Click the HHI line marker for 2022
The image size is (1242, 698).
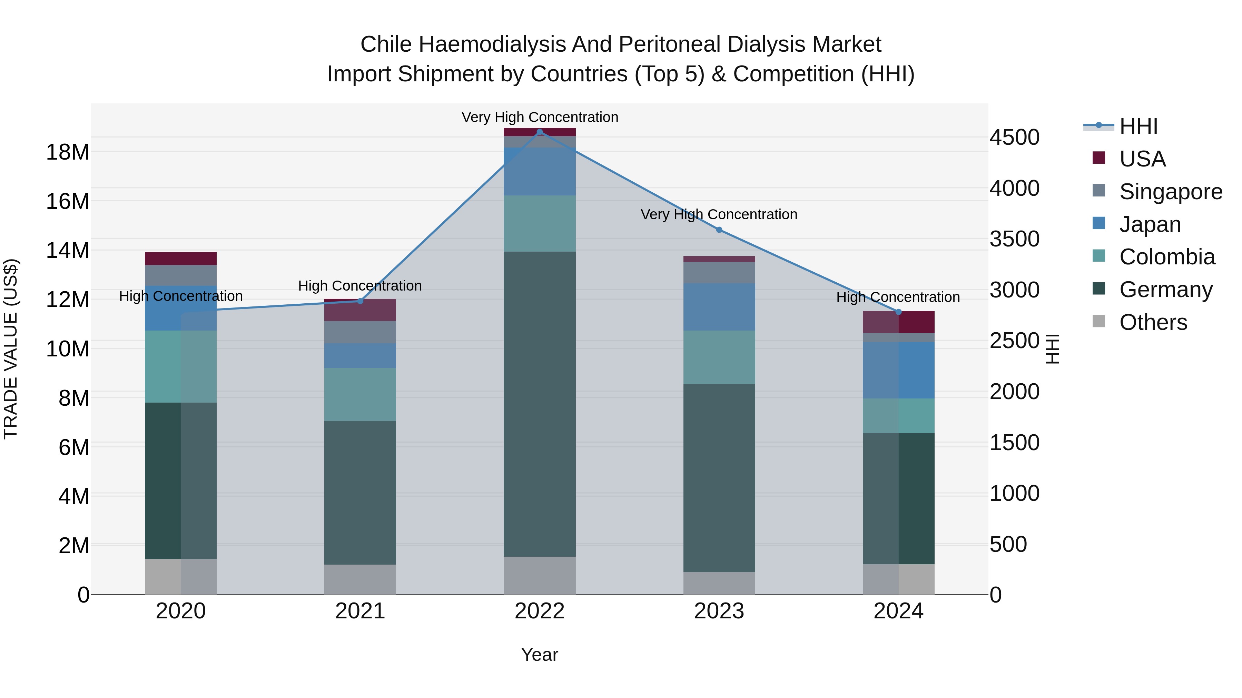coord(540,132)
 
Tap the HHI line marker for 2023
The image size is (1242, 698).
coord(719,230)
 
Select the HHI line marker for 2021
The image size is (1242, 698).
coord(360,301)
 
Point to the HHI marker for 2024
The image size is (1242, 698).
coord(898,312)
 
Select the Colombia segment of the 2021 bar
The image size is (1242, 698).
coord(360,395)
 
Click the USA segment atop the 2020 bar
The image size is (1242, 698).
coord(181,258)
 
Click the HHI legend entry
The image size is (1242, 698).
coord(1138,126)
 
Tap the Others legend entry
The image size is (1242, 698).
coord(1152,322)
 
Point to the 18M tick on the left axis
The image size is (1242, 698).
coord(68,152)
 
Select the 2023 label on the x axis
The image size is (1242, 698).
coord(719,611)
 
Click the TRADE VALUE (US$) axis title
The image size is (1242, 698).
coord(11,349)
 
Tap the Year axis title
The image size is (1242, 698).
coord(540,655)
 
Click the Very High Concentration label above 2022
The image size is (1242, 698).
coord(540,117)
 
